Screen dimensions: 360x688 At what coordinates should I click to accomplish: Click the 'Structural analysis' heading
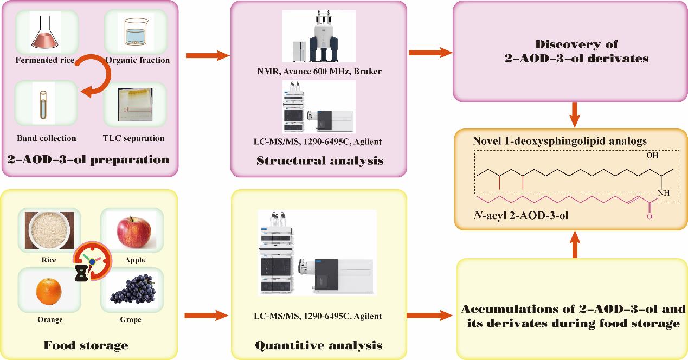click(x=320, y=160)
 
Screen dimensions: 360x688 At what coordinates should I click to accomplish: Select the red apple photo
click(x=134, y=230)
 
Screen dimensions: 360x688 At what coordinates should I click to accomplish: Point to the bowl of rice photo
click(x=47, y=230)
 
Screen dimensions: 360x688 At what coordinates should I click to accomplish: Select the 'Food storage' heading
click(x=86, y=345)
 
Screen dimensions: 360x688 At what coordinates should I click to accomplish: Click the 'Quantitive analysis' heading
click(x=319, y=345)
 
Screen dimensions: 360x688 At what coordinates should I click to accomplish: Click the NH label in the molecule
click(x=663, y=192)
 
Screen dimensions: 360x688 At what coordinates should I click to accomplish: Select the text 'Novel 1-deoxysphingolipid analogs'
click(x=560, y=141)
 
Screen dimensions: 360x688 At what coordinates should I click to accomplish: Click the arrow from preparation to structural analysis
click(x=208, y=55)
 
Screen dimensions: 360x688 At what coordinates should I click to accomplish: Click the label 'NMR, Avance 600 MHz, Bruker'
click(x=319, y=71)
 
